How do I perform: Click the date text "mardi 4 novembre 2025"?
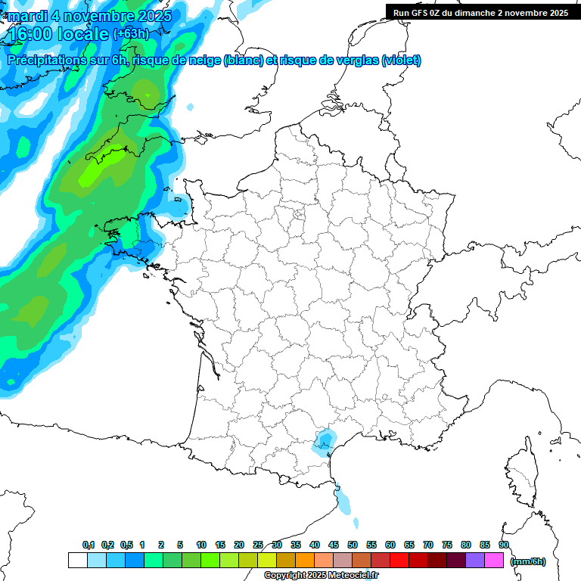[x=89, y=16]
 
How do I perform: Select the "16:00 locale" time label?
[x=59, y=34]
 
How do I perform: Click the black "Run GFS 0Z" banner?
[x=480, y=12]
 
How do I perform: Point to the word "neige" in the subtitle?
[x=204, y=61]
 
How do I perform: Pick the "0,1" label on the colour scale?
[x=89, y=545]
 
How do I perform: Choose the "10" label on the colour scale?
[x=201, y=545]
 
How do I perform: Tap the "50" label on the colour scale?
[x=353, y=545]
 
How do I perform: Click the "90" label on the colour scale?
[x=504, y=545]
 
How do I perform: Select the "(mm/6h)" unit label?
[x=527, y=561]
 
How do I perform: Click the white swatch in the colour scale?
[x=78, y=561]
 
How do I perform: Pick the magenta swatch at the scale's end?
[x=494, y=561]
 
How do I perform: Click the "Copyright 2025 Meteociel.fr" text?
[x=321, y=576]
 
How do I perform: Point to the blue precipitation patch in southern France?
[x=326, y=441]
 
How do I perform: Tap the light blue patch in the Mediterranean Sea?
[x=344, y=502]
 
